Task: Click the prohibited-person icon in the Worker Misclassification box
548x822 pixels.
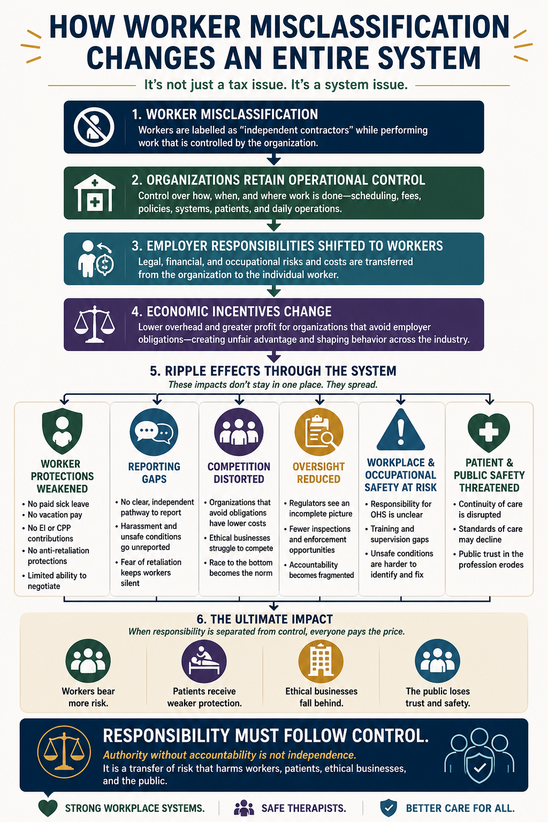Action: point(94,127)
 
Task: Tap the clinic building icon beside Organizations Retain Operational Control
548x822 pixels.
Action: point(95,193)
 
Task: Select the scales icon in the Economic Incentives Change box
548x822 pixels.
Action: point(95,324)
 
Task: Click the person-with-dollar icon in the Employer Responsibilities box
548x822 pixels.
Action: point(96,258)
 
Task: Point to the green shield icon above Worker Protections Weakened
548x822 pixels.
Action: point(63,431)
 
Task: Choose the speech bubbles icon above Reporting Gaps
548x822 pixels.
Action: point(154,432)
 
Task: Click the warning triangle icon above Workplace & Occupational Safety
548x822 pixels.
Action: point(401,429)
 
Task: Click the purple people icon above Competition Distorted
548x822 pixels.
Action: point(239,432)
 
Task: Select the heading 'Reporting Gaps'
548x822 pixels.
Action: point(154,473)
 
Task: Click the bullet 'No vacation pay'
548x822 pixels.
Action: point(55,515)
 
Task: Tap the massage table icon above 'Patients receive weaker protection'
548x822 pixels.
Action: point(204,661)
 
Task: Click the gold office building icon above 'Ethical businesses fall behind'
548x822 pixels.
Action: point(321,661)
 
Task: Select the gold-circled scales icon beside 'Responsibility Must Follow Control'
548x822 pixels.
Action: point(64,752)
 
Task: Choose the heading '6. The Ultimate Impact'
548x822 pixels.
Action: point(265,619)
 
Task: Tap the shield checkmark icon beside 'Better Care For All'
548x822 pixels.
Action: point(389,808)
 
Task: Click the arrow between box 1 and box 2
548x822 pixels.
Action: point(274,159)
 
